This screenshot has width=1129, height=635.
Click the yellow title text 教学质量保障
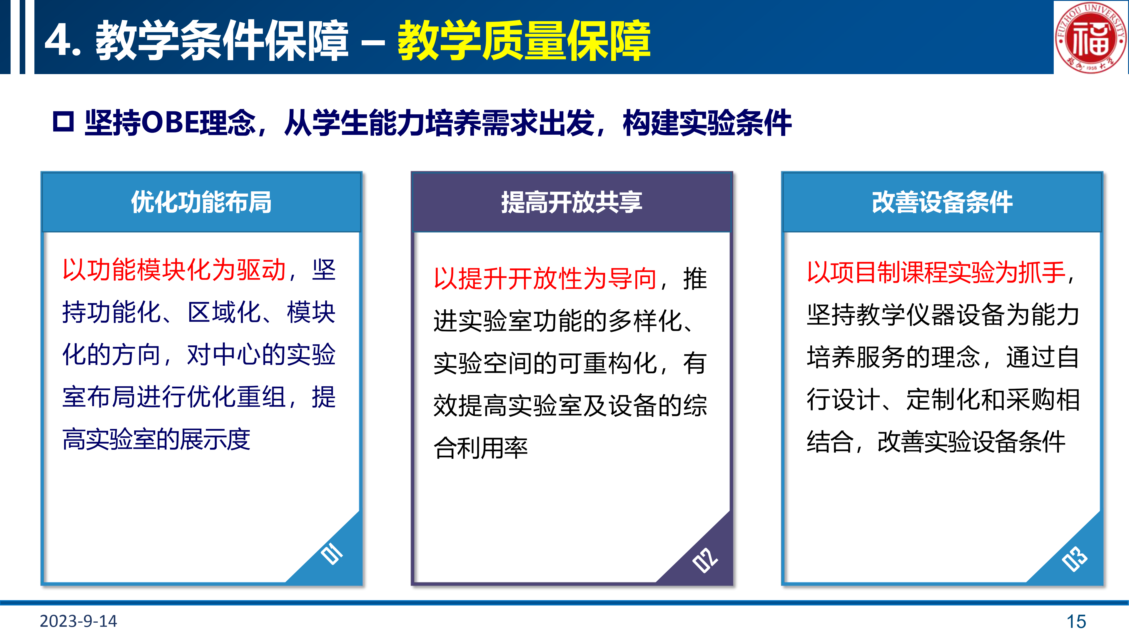coord(524,40)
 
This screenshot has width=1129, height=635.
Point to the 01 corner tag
coord(332,554)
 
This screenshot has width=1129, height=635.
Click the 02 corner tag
coord(705,560)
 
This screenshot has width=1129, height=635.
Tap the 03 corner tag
coord(1075,559)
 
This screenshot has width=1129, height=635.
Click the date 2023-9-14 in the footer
coord(79,621)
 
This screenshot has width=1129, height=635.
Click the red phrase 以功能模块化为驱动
coord(174,270)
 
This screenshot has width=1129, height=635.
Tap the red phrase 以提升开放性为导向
coord(545,279)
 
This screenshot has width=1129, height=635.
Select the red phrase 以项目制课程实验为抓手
coord(936,272)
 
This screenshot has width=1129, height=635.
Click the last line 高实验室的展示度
coord(156,440)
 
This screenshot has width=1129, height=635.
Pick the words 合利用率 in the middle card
coord(480,448)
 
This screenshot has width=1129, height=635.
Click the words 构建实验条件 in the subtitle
coord(707,122)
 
